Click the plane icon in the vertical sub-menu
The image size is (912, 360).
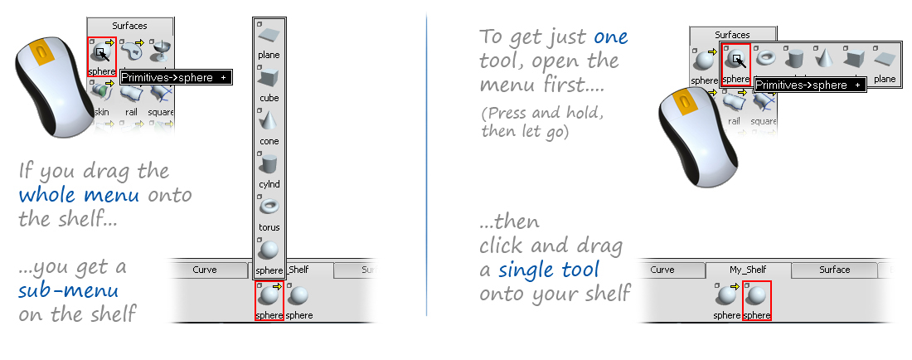pos(269,36)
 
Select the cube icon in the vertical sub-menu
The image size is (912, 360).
pos(269,79)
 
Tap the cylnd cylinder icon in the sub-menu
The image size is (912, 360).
pos(269,164)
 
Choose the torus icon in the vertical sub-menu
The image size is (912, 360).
pos(269,207)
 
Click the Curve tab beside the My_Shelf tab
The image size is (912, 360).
pos(662,270)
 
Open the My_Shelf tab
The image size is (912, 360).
pos(748,270)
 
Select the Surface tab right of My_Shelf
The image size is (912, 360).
pos(834,270)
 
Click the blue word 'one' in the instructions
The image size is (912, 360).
pos(610,38)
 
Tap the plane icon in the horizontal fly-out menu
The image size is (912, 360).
pos(884,61)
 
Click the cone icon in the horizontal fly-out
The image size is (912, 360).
pos(824,58)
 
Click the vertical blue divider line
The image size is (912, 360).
pos(426,166)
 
